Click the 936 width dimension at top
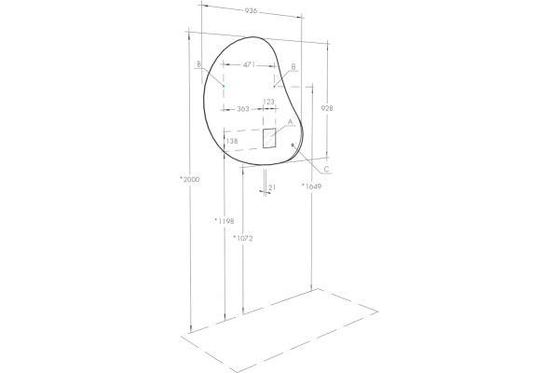(x=251, y=10)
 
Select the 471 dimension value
(x=249, y=64)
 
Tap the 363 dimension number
(x=243, y=109)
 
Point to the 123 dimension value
(x=269, y=102)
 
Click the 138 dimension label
(x=232, y=141)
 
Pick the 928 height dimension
(x=327, y=108)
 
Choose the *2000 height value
(x=190, y=180)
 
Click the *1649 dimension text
(x=311, y=186)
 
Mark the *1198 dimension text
(x=225, y=221)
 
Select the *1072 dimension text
(x=243, y=238)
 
